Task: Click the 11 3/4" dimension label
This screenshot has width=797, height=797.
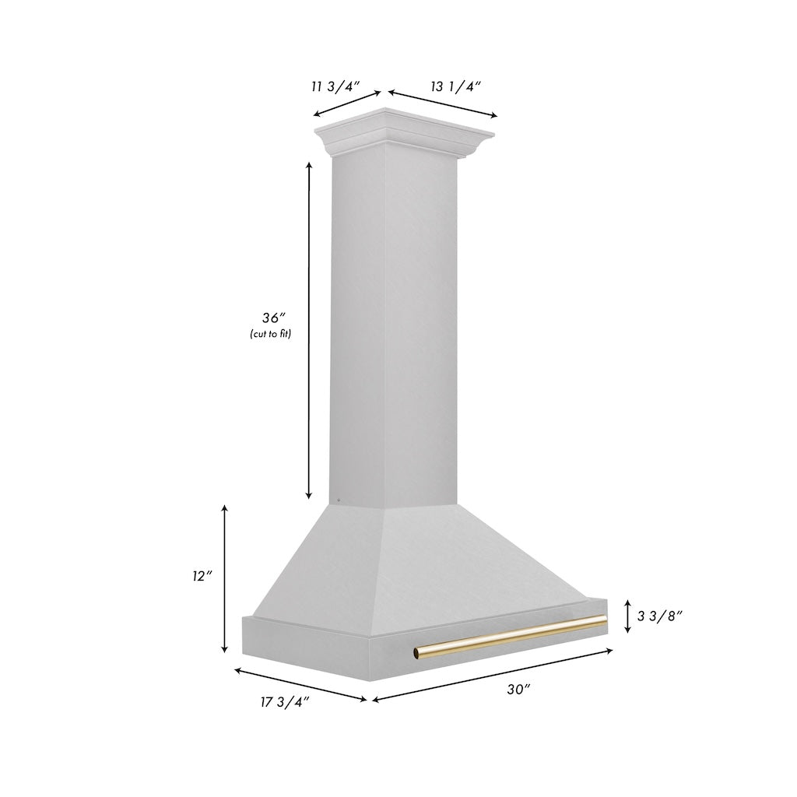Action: (335, 87)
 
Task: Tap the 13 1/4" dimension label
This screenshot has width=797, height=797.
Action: (457, 86)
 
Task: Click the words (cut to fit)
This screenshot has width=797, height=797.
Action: (275, 334)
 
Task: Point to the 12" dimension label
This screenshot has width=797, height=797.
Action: (203, 577)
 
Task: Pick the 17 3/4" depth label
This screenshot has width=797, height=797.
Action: (284, 702)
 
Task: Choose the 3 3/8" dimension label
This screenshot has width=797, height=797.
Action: (660, 616)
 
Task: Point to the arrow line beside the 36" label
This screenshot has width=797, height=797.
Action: (309, 331)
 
